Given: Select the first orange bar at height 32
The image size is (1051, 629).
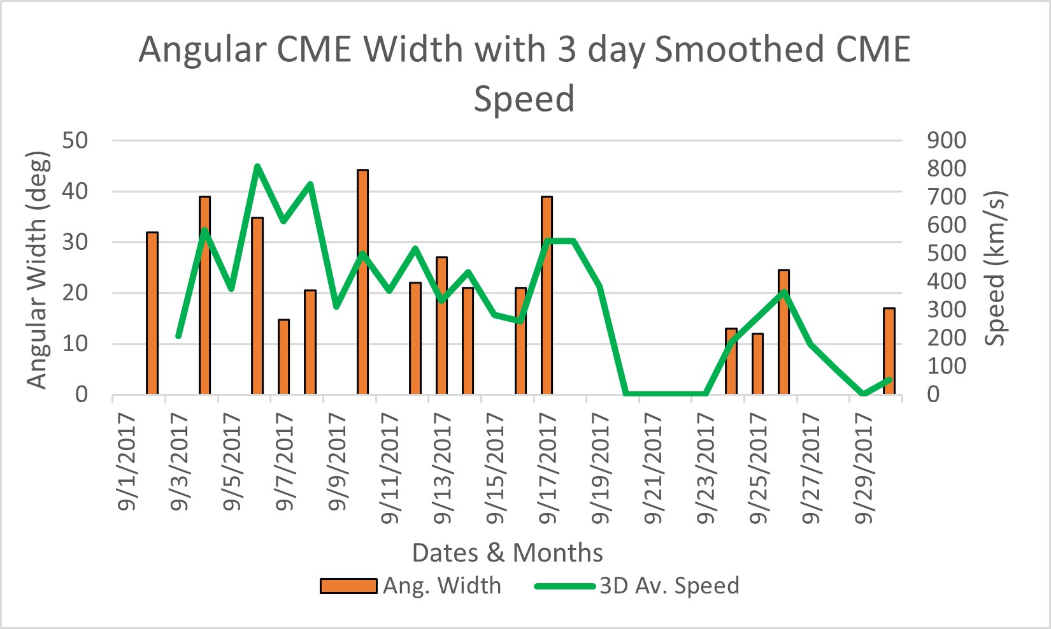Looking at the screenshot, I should point(152,313).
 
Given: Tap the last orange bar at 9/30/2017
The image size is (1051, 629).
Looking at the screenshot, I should point(889,351).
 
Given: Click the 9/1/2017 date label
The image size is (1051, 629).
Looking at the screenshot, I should point(127,463).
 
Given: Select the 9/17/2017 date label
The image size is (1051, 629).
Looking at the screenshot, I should point(548,468).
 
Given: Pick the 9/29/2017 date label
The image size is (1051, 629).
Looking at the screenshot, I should point(864,468).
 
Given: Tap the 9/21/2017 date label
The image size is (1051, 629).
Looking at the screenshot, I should point(654,468).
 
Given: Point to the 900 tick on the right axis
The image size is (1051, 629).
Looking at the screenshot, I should point(947,140).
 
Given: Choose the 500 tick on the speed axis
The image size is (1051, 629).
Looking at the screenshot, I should point(947,253).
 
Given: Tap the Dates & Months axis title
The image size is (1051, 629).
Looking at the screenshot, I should point(507,553).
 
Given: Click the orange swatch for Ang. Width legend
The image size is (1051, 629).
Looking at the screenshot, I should point(348,586).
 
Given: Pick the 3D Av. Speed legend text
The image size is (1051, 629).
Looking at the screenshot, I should point(669,586).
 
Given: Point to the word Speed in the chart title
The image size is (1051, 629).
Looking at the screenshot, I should point(524,99).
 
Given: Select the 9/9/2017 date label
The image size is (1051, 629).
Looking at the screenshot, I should point(338,463).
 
